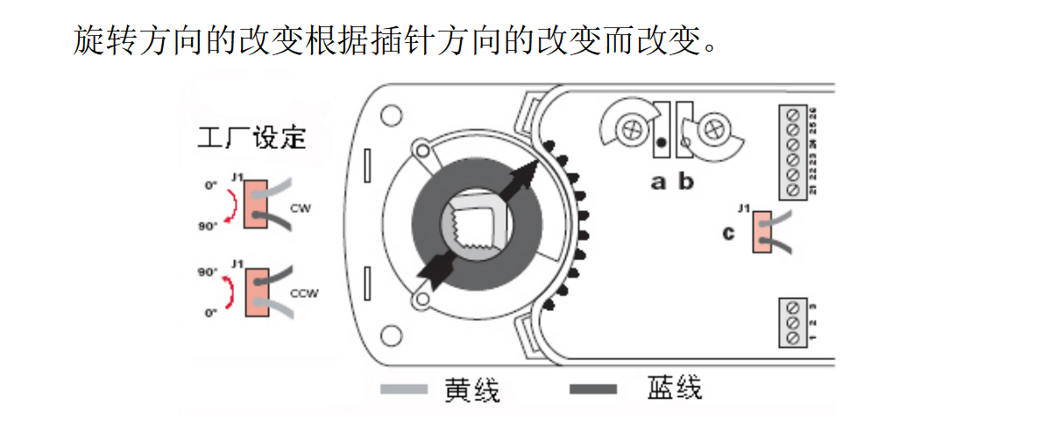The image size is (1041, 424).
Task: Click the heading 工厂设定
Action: [x=251, y=138]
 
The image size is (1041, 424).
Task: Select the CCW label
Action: [x=302, y=294]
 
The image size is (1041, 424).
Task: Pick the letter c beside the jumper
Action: [x=729, y=233]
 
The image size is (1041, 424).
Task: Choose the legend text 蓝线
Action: [x=675, y=388]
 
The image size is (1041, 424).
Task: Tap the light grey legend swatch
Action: [x=404, y=388]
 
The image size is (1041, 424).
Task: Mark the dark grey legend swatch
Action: [x=593, y=388]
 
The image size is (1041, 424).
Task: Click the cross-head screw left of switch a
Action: [x=627, y=129]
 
